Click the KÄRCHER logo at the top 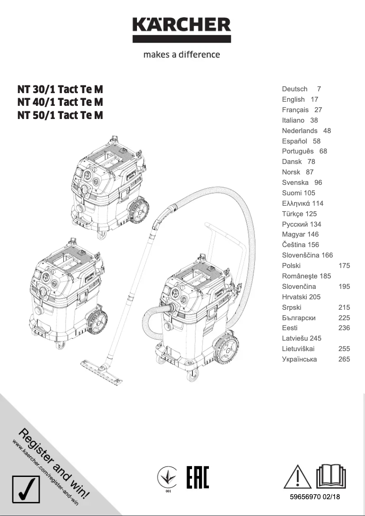tap(182, 29)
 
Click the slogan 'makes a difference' tap(182, 55)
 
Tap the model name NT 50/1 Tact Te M tap(60, 115)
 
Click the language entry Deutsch tap(294, 89)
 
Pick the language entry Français tap(295, 110)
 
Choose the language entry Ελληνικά tap(296, 203)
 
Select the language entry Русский tap(295, 224)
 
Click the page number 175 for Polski tap(344, 266)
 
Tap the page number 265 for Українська tap(344, 359)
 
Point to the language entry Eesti tap(289, 328)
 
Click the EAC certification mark tap(198, 477)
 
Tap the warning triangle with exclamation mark tap(297, 476)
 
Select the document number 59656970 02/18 tap(315, 497)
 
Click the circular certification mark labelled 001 tap(167, 478)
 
